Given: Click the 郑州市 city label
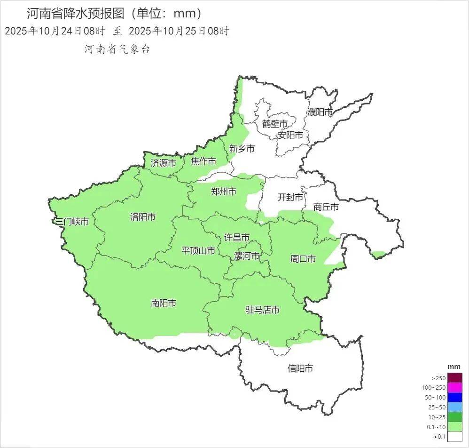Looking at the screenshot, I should coord(223,192).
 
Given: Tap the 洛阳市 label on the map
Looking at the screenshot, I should coord(143,217).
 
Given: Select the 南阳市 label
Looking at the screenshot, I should coord(164,303).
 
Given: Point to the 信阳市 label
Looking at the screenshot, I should coord(300,368).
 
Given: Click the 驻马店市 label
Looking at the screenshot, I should coord(263,310).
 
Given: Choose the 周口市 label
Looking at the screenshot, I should coord(303,258).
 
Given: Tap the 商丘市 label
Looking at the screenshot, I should coord(326,207).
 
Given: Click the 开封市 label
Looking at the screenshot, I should coord(290,197).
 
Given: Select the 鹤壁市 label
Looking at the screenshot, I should coord(275,124).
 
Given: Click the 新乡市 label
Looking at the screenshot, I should coord(242,149).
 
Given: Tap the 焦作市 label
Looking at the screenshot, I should coord(203,162).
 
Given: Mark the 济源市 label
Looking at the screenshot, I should coord(164,163).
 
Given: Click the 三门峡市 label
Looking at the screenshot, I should coord(71,222).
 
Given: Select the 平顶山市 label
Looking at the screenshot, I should coord(198,251).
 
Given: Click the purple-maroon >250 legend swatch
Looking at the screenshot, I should coord(454,378).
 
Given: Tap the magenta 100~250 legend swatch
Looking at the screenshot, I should coord(454,388).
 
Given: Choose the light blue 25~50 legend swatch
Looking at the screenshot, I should coord(454,407).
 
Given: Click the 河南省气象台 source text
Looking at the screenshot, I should coord(117,49).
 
